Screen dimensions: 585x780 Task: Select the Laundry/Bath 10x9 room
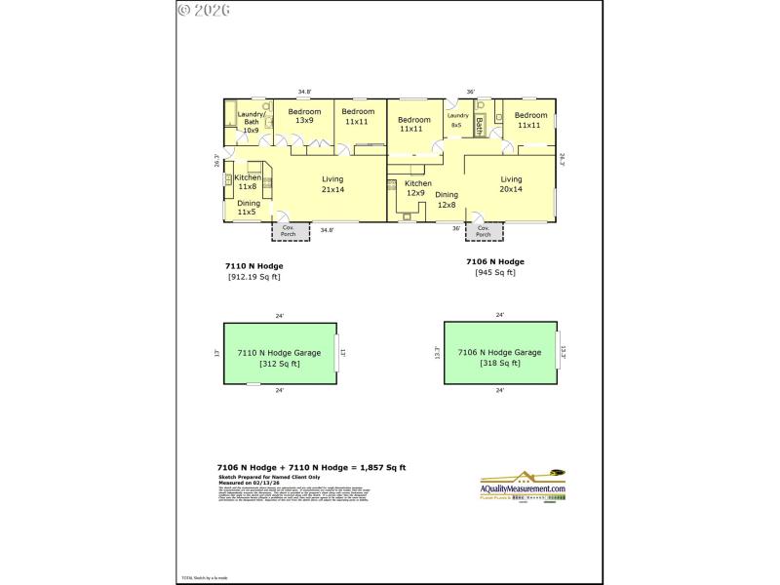pyautogui.click(x=251, y=123)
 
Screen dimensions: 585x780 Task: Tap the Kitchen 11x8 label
pyautogui.click(x=248, y=181)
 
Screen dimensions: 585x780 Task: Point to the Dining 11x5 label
pyautogui.click(x=249, y=207)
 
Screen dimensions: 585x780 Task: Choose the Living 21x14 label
pyautogui.click(x=331, y=184)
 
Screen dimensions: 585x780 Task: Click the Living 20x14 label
pyautogui.click(x=511, y=184)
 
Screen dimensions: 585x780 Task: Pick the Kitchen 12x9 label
pyautogui.click(x=417, y=188)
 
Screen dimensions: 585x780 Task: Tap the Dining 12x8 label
pyautogui.click(x=447, y=200)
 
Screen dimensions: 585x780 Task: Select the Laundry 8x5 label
pyautogui.click(x=456, y=119)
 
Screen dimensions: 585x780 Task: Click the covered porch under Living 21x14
pyautogui.click(x=290, y=230)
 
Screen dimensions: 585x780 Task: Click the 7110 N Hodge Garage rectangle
pyautogui.click(x=280, y=352)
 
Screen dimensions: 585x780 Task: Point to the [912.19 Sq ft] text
pyautogui.click(x=253, y=276)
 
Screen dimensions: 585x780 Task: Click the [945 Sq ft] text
pyautogui.click(x=495, y=272)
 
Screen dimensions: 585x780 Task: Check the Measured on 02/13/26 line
pyautogui.click(x=248, y=481)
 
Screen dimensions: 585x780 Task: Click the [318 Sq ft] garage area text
pyautogui.click(x=499, y=363)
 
